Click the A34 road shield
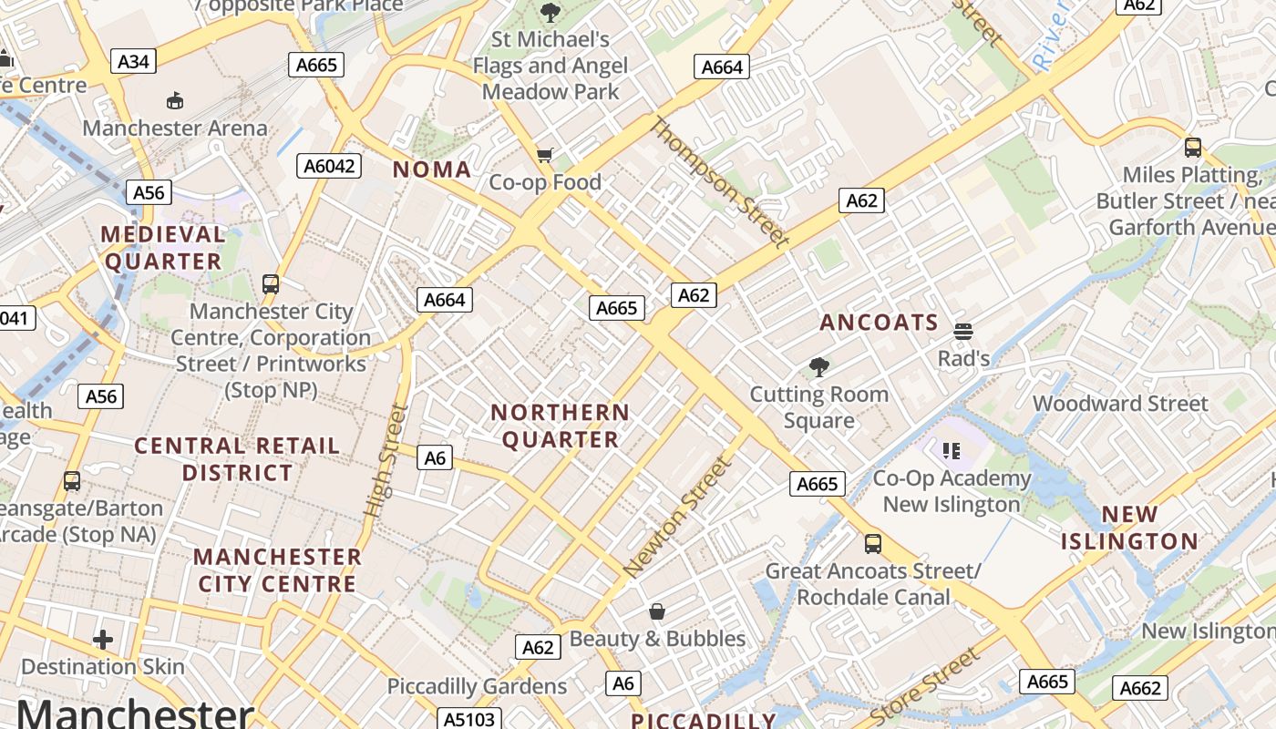[133, 61]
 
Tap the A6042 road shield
[329, 166]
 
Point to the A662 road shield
[1140, 688]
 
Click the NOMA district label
[432, 169]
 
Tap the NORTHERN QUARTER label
[561, 426]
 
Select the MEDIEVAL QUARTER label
[163, 248]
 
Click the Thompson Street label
[719, 182]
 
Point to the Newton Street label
[678, 517]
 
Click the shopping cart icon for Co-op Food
[545, 155]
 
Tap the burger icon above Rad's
[963, 331]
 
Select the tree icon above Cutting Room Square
[819, 367]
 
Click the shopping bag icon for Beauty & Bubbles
[657, 611]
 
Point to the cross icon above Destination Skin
[103, 640]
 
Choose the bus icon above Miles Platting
[1192, 147]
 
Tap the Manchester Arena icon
[175, 100]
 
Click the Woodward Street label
[1120, 404]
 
